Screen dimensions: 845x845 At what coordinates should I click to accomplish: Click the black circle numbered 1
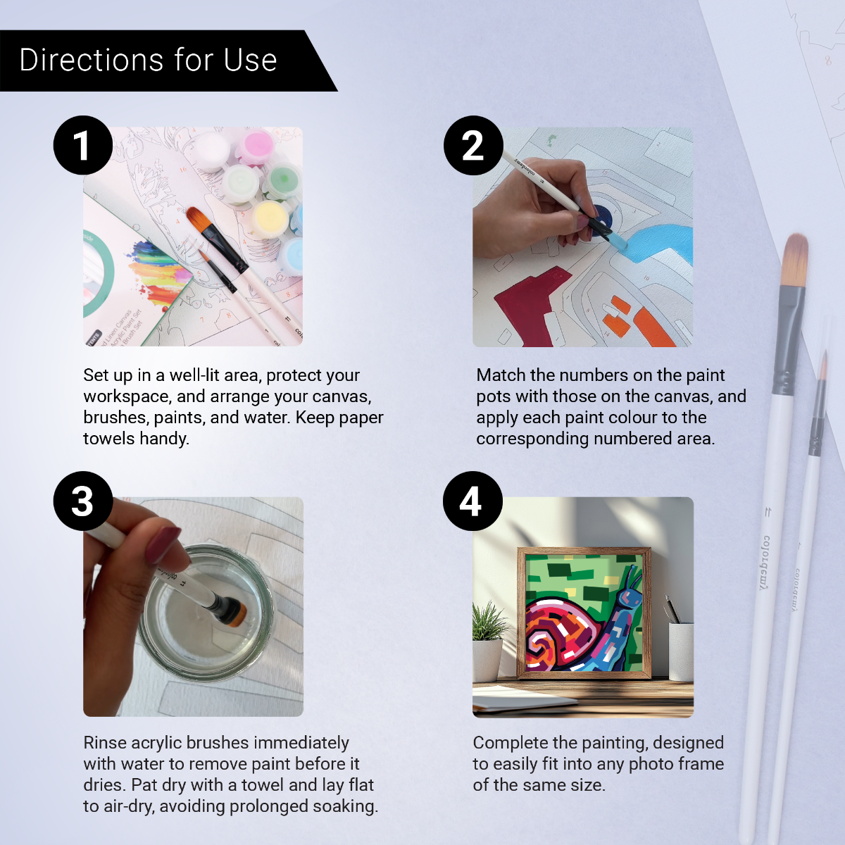83,145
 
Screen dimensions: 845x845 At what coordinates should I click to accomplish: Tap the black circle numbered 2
473,145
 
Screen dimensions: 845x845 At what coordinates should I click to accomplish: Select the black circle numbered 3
83,501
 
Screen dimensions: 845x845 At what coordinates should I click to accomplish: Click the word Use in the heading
250,60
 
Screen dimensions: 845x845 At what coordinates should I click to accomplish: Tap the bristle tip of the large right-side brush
795,261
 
